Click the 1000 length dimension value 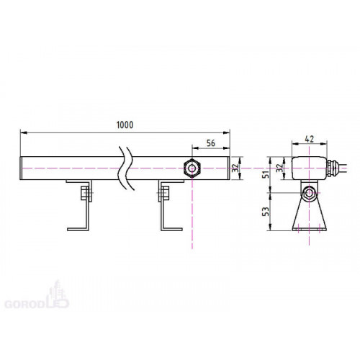coord(125,125)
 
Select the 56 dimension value coord(211,143)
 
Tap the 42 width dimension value coord(309,139)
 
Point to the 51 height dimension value coord(266,174)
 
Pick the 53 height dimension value coord(266,211)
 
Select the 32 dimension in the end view coord(279,168)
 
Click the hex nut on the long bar coord(192,168)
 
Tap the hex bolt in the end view coord(309,193)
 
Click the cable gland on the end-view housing coord(332,168)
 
